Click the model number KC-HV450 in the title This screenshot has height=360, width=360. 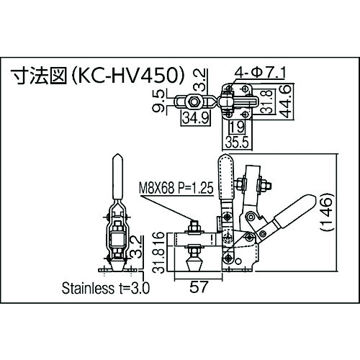[x=128, y=76]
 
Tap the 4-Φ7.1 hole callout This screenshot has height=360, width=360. [x=260, y=73]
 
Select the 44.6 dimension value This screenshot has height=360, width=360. [x=287, y=102]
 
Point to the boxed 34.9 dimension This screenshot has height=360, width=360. [x=196, y=118]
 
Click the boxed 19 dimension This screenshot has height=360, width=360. [x=237, y=127]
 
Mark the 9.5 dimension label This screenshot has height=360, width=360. [x=158, y=101]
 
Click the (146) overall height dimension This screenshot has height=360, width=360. [x=327, y=211]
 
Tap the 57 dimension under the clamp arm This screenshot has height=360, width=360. [x=198, y=287]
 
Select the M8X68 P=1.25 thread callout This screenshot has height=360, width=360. [x=176, y=187]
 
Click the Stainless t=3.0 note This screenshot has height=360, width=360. [x=106, y=288]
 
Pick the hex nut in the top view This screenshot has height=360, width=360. [x=194, y=102]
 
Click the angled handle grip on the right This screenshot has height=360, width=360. [x=294, y=210]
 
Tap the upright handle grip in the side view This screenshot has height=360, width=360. [x=226, y=176]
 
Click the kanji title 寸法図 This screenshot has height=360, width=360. [x=40, y=76]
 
